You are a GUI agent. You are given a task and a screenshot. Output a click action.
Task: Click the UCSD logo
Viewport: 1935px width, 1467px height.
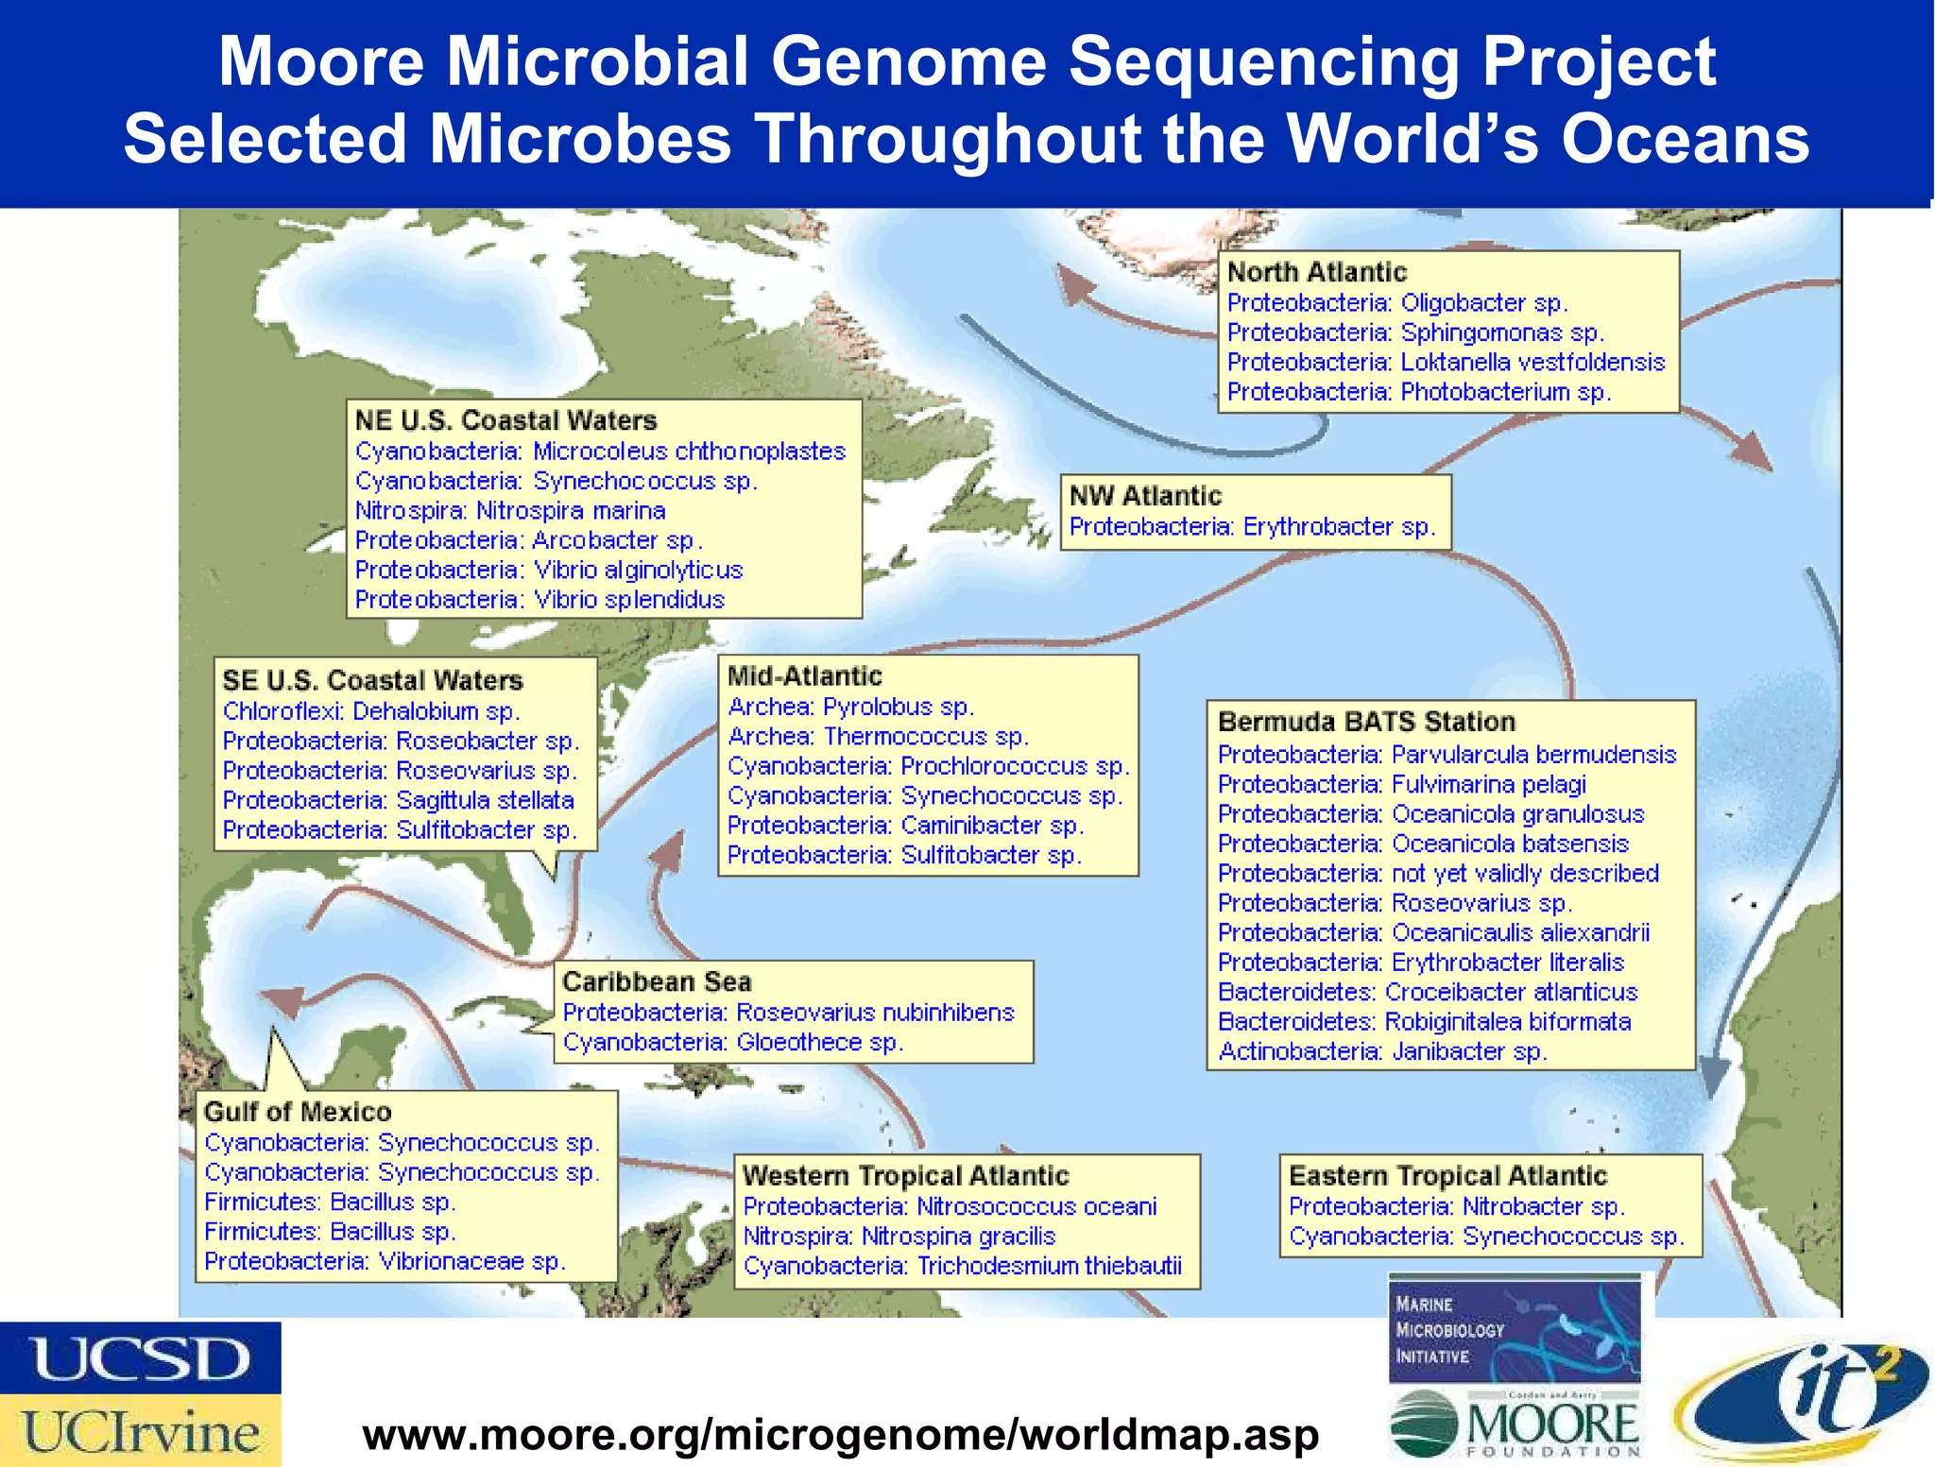click(x=140, y=1357)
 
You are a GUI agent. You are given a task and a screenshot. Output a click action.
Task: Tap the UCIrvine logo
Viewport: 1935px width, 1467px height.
click(x=140, y=1431)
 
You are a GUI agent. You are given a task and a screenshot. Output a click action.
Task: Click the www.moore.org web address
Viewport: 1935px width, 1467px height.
click(x=840, y=1435)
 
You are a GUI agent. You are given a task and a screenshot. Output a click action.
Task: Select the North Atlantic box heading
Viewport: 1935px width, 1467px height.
click(x=1316, y=272)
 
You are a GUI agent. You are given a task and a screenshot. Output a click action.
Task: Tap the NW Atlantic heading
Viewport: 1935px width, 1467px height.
click(x=1145, y=496)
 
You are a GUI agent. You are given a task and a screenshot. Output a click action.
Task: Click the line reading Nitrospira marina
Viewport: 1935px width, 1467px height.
click(x=510, y=511)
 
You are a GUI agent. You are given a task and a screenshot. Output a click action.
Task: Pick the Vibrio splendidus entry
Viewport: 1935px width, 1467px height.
click(x=539, y=600)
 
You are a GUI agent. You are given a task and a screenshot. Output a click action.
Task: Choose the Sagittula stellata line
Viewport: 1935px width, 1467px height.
click(x=398, y=800)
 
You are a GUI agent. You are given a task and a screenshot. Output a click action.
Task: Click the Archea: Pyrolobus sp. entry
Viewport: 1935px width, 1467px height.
click(x=850, y=707)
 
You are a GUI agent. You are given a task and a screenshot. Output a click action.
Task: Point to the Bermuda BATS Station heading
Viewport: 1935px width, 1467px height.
click(x=1366, y=722)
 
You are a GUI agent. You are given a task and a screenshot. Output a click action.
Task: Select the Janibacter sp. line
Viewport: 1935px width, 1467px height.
click(x=1381, y=1051)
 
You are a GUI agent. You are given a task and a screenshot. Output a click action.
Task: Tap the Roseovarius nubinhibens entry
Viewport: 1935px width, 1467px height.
click(x=788, y=1013)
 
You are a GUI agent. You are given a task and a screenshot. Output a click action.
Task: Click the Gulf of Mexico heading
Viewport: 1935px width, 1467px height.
click(x=298, y=1112)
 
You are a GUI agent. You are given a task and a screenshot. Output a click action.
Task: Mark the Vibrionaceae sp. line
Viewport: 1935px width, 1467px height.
click(x=385, y=1261)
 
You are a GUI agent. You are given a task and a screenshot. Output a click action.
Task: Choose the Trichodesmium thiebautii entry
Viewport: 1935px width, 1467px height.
click(x=962, y=1266)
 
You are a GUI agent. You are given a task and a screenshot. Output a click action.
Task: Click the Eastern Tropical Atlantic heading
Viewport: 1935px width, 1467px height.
click(x=1447, y=1176)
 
